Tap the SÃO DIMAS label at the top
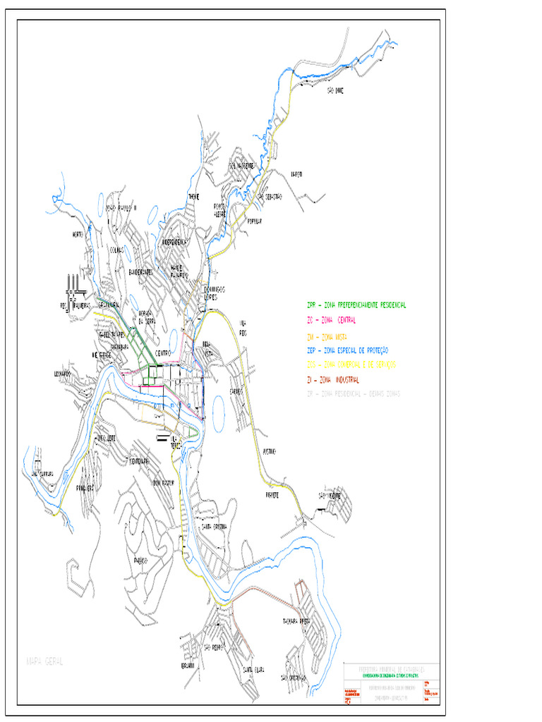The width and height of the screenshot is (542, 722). click(x=335, y=90)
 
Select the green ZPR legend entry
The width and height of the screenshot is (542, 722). click(x=356, y=305)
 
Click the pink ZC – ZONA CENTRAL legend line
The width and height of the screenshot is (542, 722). click(x=331, y=320)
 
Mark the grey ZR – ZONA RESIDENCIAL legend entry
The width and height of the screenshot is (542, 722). click(x=353, y=394)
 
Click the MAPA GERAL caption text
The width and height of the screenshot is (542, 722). click(x=44, y=661)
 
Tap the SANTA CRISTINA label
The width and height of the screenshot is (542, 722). click(x=214, y=526)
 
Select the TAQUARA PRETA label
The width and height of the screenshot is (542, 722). click(x=296, y=622)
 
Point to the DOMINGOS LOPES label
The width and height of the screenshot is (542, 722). click(x=215, y=293)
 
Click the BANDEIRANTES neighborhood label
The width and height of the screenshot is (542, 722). click(x=141, y=271)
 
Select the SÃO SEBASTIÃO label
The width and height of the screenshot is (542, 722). click(x=269, y=197)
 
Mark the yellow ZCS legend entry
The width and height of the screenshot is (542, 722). click(x=351, y=365)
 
